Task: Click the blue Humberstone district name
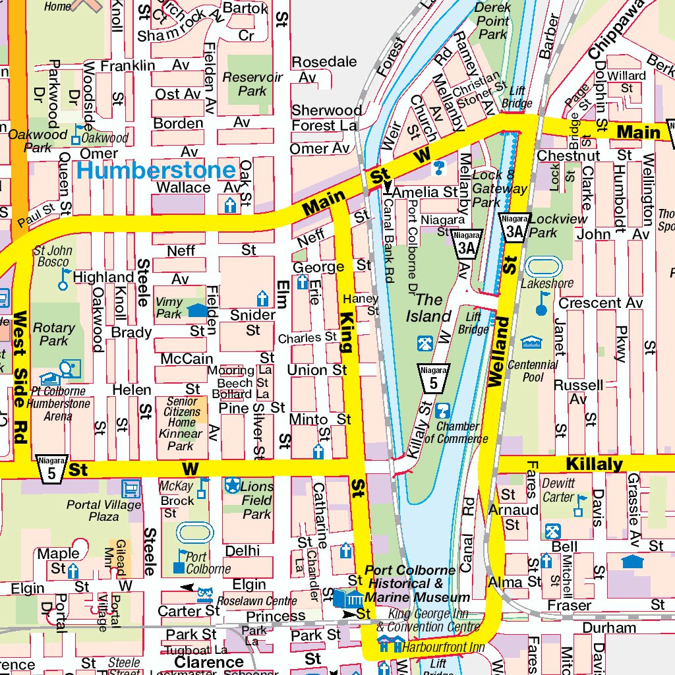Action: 156,171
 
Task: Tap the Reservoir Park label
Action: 252,84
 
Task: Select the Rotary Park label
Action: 54,334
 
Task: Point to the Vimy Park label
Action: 169,308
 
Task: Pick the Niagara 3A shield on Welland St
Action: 515,227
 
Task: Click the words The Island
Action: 428,308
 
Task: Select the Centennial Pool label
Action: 533,370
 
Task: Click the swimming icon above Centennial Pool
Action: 531,342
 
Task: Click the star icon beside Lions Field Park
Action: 232,486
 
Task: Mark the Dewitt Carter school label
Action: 558,490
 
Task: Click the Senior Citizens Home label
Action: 181,412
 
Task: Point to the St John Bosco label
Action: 53,256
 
